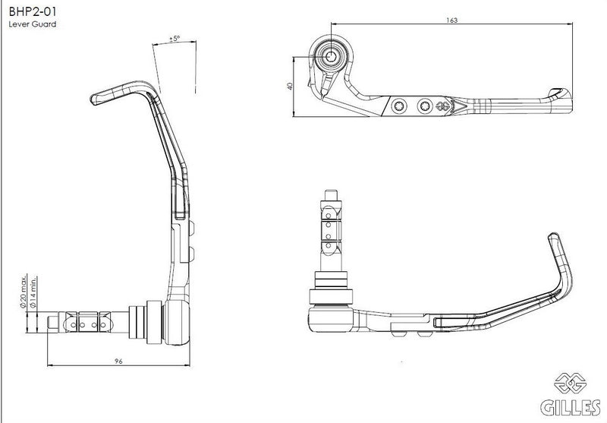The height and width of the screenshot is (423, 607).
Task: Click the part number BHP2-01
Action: [x=33, y=11]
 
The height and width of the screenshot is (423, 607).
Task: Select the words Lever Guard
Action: [x=33, y=24]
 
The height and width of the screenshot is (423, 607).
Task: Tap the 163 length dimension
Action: [x=451, y=21]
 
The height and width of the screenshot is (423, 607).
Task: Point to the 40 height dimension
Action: [x=290, y=86]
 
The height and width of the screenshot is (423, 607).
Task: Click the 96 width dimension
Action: [x=118, y=361]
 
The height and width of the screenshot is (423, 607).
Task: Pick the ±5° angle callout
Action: [x=175, y=39]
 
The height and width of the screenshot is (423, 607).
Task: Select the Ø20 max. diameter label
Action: [x=24, y=291]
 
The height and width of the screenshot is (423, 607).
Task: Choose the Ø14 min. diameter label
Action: [x=33, y=292]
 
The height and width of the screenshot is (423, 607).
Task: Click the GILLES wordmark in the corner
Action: [x=571, y=407]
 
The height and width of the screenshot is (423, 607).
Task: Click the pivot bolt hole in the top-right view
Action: [x=331, y=56]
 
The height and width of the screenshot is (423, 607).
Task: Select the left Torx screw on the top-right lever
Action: [x=399, y=106]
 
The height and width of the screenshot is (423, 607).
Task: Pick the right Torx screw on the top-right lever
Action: [x=425, y=106]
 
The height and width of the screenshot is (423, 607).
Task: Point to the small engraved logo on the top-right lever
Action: [x=442, y=106]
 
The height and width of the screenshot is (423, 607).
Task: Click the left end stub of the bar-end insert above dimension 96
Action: [x=52, y=323]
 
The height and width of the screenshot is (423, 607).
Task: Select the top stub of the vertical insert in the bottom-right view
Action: [x=332, y=195]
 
